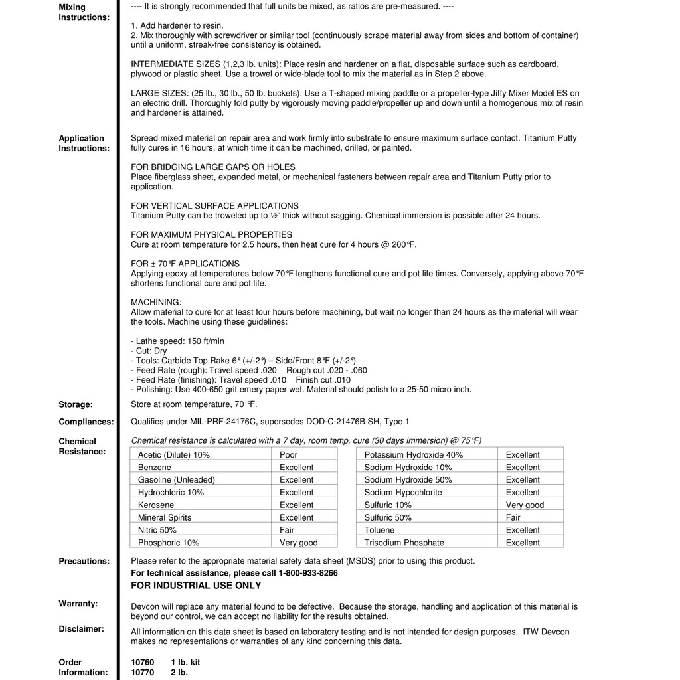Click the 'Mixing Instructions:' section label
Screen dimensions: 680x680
pyautogui.click(x=84, y=12)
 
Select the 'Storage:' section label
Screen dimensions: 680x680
pyautogui.click(x=76, y=404)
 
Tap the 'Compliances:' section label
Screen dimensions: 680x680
pyautogui.click(x=86, y=422)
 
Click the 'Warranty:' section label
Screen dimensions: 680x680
pyautogui.click(x=78, y=604)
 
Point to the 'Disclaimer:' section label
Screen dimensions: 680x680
pyautogui.click(x=81, y=629)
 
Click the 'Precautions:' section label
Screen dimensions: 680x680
pyautogui.click(x=84, y=561)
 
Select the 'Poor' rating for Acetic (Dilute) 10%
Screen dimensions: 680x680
pyautogui.click(x=289, y=455)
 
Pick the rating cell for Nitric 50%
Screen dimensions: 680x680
pyautogui.click(x=287, y=530)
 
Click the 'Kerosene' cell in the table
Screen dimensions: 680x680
pyautogui.click(x=156, y=505)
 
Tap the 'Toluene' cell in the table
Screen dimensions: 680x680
pyautogui.click(x=379, y=530)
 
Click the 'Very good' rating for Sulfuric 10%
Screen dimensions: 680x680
pyautogui.click(x=525, y=505)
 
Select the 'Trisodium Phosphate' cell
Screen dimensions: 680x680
pyautogui.click(x=404, y=543)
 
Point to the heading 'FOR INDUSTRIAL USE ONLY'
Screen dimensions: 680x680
pyautogui.click(x=196, y=586)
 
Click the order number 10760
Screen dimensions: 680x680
pyautogui.click(x=142, y=663)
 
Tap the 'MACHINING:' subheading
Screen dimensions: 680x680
pyautogui.click(x=156, y=302)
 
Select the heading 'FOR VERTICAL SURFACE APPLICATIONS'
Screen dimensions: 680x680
pyautogui.click(x=214, y=206)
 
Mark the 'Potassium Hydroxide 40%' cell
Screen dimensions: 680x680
pyautogui.click(x=413, y=455)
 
